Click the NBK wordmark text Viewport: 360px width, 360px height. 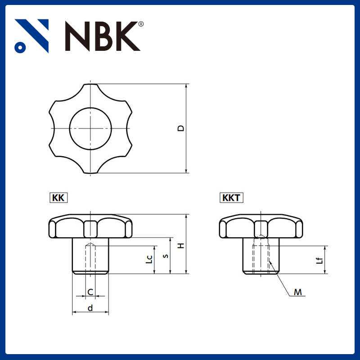click(103, 36)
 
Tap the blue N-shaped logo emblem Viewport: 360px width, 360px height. click(31, 36)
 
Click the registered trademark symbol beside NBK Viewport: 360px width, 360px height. click(141, 24)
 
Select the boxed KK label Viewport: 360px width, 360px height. click(58, 198)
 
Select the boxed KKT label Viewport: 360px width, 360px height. click(231, 198)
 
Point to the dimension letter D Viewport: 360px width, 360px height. click(181, 128)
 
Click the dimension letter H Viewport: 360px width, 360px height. click(181, 245)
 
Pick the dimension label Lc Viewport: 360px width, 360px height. click(149, 259)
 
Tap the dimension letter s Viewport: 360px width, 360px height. click(166, 256)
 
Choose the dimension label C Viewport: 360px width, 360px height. click(90, 292)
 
